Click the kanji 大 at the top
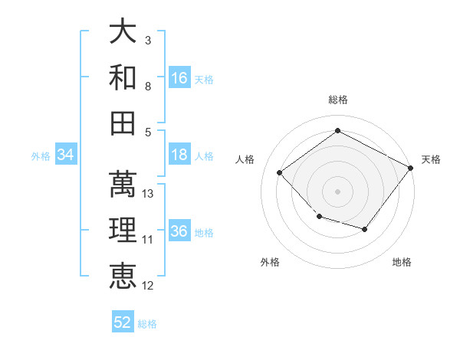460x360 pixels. [x=123, y=31]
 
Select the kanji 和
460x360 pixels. [x=123, y=77]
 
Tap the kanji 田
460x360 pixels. [x=123, y=123]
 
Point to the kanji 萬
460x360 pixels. [x=123, y=184]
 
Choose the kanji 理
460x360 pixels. [x=123, y=230]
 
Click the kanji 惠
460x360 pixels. [x=123, y=276]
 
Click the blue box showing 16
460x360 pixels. [x=179, y=77]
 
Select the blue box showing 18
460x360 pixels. [x=179, y=154]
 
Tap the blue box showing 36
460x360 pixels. [x=179, y=230]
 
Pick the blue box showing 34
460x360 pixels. [x=66, y=154]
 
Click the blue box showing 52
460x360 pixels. [x=123, y=321]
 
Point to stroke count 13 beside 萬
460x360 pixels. [x=147, y=194]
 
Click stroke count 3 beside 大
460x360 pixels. [x=148, y=40]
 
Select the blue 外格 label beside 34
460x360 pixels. [x=41, y=156]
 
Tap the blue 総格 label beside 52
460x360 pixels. [x=147, y=324]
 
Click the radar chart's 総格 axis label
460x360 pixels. [x=338, y=100]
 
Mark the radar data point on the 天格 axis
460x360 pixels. [x=411, y=168]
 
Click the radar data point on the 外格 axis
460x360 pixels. [x=320, y=216]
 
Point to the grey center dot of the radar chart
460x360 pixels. [x=337, y=191]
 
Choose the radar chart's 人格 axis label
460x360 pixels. [x=245, y=159]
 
